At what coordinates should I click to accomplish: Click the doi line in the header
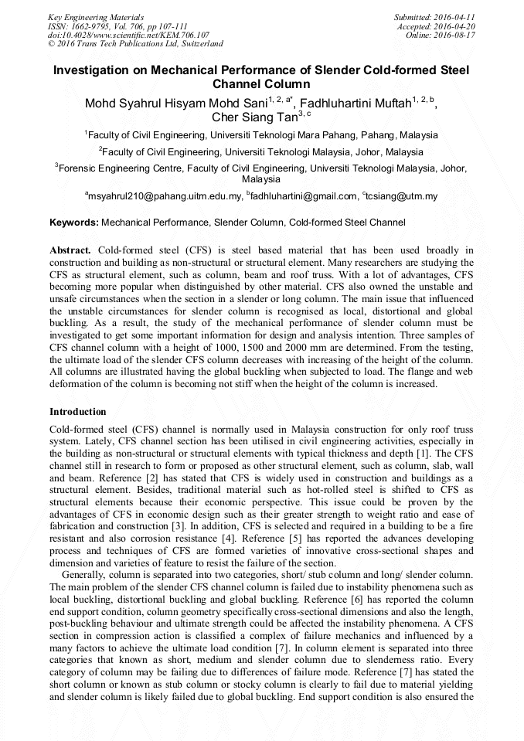click(x=128, y=35)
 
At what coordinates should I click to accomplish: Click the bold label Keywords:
click(x=74, y=223)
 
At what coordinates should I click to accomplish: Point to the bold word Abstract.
click(x=70, y=250)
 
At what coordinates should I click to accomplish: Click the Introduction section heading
click(x=78, y=412)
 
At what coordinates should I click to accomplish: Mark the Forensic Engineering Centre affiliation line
click(x=263, y=167)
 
